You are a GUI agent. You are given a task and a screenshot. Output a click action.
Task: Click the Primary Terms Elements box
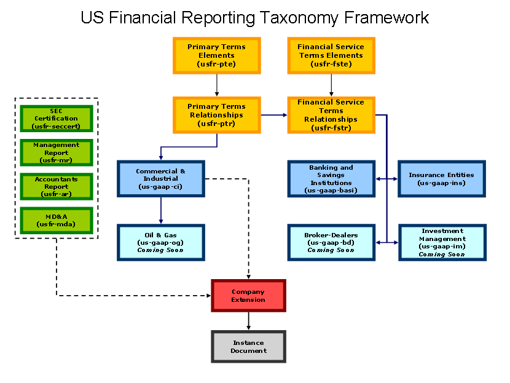[x=217, y=56]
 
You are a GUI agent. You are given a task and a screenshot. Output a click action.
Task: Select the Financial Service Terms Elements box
[x=331, y=56]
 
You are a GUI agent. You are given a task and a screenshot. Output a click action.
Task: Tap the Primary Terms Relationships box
[x=217, y=115]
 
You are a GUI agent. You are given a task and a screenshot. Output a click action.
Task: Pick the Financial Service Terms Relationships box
[x=331, y=115]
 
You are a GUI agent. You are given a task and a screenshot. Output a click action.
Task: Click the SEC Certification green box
[x=57, y=119]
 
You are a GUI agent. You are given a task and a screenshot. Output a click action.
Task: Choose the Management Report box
[x=57, y=152]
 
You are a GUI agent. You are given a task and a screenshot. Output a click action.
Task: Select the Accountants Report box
[x=57, y=186]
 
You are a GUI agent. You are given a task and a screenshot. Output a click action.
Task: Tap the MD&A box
[x=57, y=220]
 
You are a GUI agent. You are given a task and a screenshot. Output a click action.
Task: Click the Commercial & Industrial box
[x=161, y=179]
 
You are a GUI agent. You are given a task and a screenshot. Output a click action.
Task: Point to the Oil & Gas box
[x=161, y=242]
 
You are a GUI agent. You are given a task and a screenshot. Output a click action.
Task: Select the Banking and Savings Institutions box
[x=331, y=179]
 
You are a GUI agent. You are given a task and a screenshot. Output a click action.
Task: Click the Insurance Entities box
[x=442, y=179]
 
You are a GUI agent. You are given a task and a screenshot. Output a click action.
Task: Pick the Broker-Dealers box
[x=331, y=242]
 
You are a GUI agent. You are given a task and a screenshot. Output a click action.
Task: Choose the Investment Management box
[x=442, y=242]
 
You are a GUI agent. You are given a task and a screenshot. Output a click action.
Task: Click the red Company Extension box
[x=248, y=296]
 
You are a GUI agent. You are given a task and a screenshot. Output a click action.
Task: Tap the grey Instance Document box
[x=248, y=347]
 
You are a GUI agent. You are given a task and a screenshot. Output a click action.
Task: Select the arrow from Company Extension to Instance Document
[x=248, y=321]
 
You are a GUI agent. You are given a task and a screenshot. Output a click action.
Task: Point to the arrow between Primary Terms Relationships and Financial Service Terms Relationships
[x=274, y=115]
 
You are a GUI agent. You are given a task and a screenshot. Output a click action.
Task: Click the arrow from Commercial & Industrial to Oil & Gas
[x=161, y=210]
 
